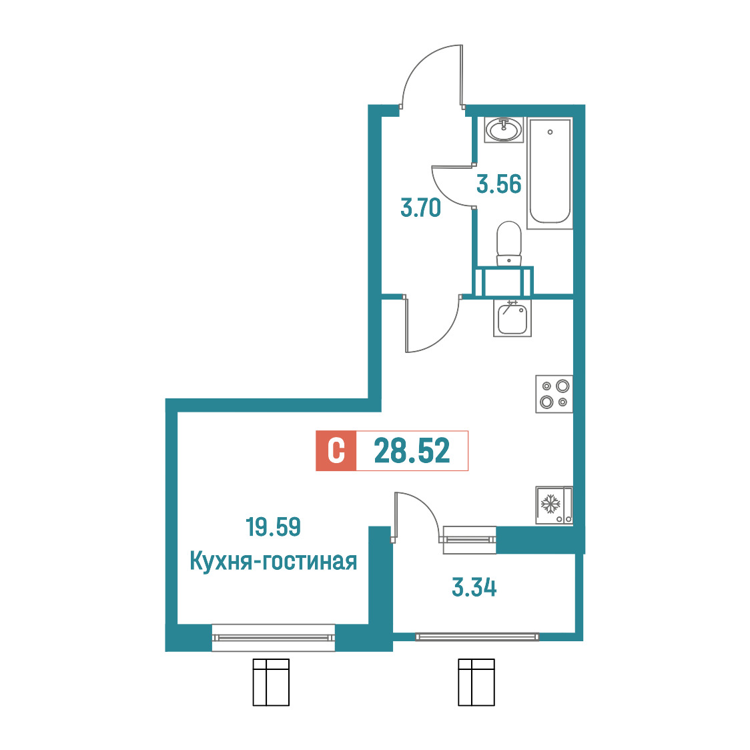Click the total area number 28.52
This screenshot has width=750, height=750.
[x=412, y=450]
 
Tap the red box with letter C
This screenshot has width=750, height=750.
[x=336, y=450]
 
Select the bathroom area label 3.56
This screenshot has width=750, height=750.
[x=499, y=184]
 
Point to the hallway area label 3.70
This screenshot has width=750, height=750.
[x=420, y=208]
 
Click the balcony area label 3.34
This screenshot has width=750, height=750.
[x=474, y=587]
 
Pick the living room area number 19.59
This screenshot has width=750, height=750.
[x=273, y=526]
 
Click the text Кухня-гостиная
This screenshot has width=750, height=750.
[x=273, y=560]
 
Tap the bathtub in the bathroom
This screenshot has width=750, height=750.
[x=550, y=172]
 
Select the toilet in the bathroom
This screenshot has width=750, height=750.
[x=509, y=243]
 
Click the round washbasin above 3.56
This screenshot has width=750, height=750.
[x=504, y=129]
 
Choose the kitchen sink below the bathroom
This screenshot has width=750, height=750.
[x=512, y=318]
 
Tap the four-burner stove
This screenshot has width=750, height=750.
[x=554, y=394]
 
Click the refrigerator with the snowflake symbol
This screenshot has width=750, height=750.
[x=554, y=505]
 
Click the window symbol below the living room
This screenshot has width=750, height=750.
[x=271, y=682]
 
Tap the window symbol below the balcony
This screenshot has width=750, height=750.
[x=476, y=682]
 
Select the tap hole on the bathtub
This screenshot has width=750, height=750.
[x=550, y=132]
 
